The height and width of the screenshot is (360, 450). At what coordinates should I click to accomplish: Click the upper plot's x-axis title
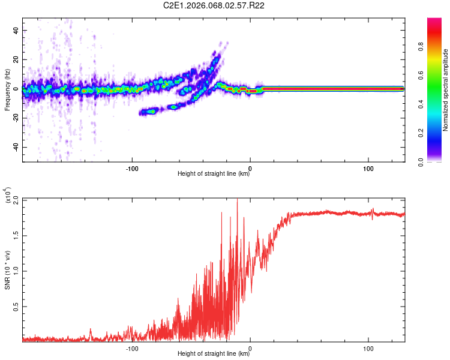click(214, 173)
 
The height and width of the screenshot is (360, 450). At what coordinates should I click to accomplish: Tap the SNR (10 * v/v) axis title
click(7, 270)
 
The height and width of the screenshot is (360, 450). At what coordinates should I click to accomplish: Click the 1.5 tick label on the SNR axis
click(15, 235)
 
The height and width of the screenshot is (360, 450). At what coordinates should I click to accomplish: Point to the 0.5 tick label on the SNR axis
click(15, 306)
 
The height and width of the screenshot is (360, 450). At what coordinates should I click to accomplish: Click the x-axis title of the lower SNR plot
click(214, 353)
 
